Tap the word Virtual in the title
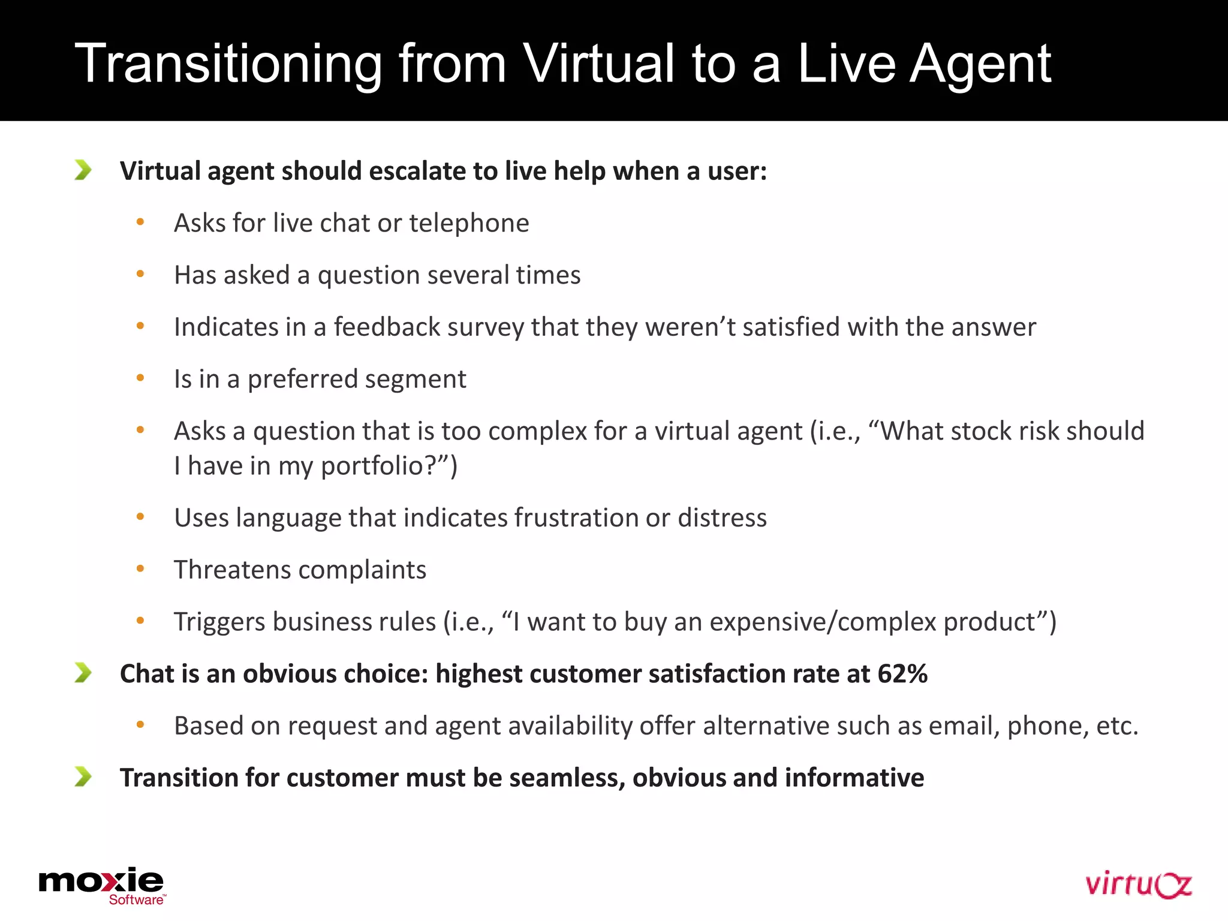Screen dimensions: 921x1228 [598, 64]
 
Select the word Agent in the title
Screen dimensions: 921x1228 [980, 64]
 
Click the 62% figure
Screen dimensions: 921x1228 [902, 674]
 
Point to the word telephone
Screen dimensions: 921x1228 [469, 223]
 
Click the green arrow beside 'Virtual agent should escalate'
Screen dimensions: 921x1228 [83, 170]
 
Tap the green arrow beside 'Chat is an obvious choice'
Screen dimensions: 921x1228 [83, 673]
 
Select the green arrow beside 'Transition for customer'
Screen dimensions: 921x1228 [83, 776]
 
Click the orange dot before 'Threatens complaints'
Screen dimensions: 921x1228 [140, 568]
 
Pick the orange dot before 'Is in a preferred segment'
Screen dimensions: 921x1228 [140, 378]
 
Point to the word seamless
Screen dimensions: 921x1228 [567, 778]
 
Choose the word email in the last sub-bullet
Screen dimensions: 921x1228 [964, 726]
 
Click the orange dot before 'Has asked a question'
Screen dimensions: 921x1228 [140, 274]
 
